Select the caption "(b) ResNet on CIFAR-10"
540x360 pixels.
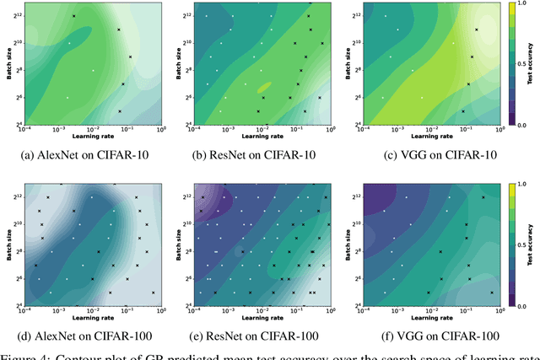click(x=260, y=156)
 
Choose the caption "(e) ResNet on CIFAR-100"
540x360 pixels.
click(x=260, y=335)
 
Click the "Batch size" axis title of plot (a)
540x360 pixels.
click(x=6, y=64)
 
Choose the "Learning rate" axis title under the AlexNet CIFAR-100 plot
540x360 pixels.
click(x=93, y=318)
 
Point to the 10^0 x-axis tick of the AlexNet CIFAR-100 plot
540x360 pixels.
click(x=159, y=310)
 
